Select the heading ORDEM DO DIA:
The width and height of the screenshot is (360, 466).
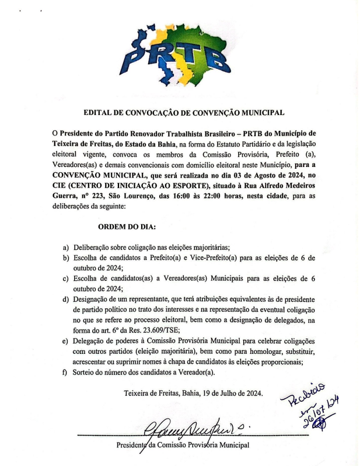point(123,227)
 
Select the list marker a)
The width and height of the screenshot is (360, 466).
point(66,247)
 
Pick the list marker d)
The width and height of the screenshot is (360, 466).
point(66,300)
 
